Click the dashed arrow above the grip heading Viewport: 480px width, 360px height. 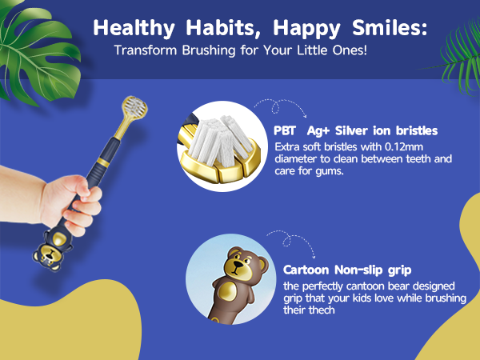tap(279, 237)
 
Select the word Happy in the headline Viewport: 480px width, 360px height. tap(290, 27)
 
